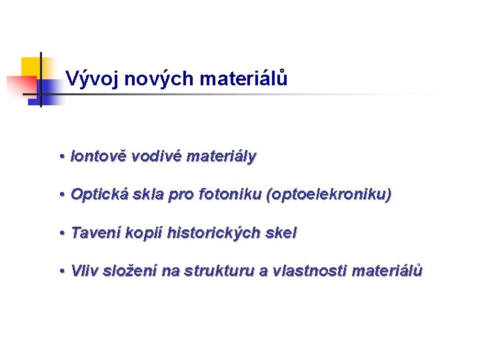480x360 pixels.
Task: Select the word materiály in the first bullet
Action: click(x=221, y=157)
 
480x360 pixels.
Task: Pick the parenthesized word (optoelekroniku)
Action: click(x=329, y=195)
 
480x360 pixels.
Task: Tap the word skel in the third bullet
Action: click(x=282, y=233)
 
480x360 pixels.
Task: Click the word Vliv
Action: click(x=83, y=271)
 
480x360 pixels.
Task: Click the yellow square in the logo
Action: click(x=31, y=67)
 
